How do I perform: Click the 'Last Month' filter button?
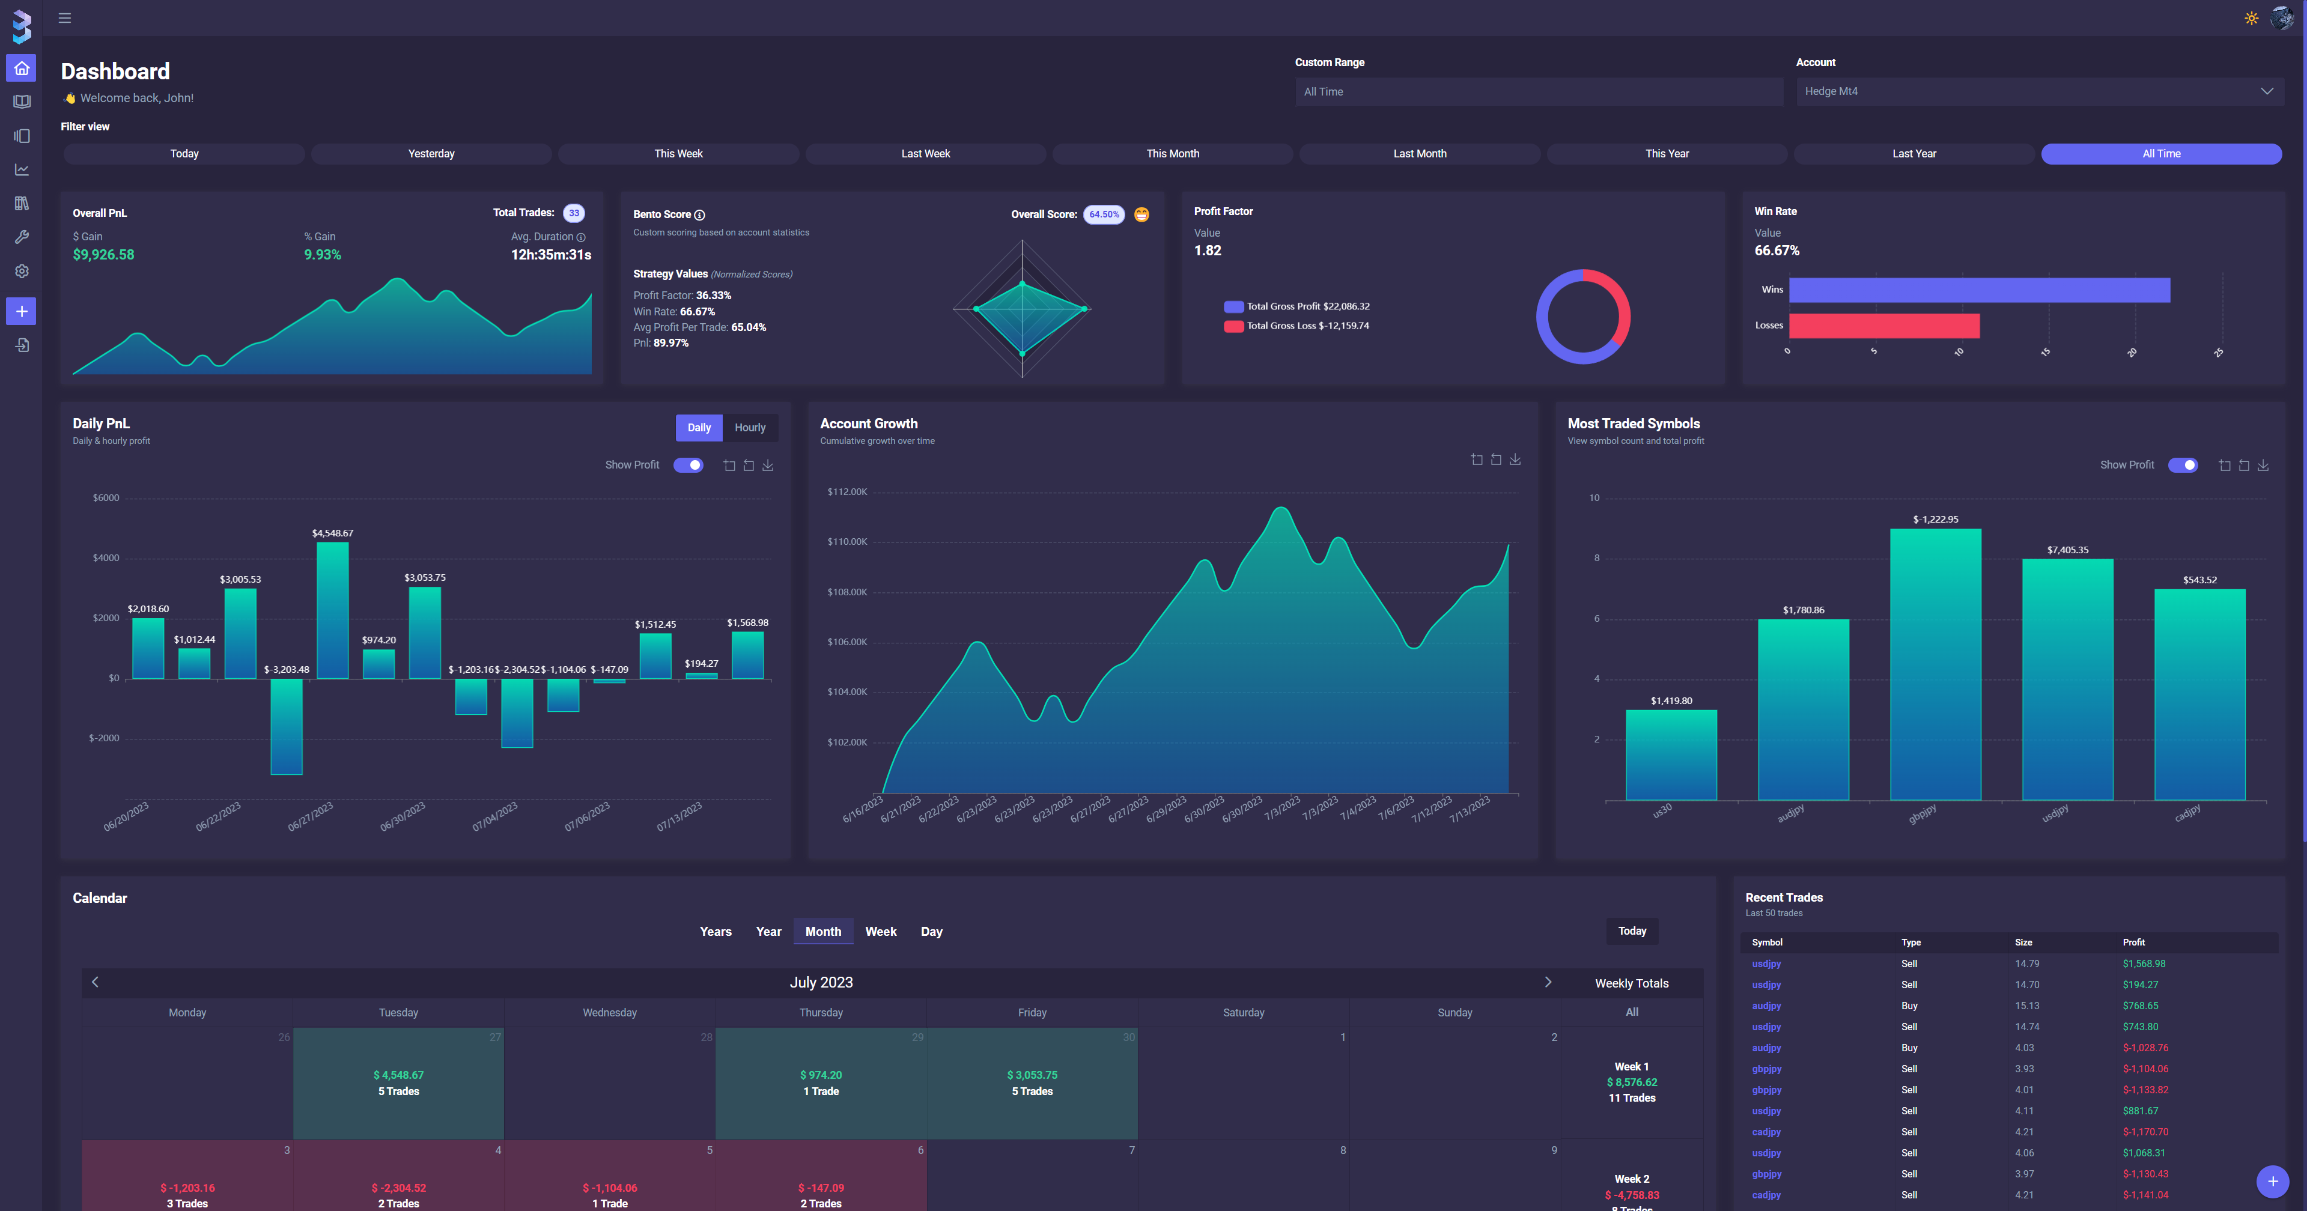coord(1420,154)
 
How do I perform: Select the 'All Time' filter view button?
coord(2160,154)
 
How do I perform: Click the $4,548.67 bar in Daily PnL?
coord(332,609)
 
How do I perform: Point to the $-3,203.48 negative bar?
coord(287,726)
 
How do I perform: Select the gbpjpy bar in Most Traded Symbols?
coord(1935,663)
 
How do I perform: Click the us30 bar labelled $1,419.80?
coord(1671,754)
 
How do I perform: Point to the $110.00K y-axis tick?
coord(847,542)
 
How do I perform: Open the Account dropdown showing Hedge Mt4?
coord(2039,91)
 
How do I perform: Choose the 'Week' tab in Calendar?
coord(880,932)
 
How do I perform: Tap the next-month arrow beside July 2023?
coord(1548,982)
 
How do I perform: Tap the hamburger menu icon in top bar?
coord(64,18)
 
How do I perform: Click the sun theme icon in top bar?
coord(2251,18)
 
